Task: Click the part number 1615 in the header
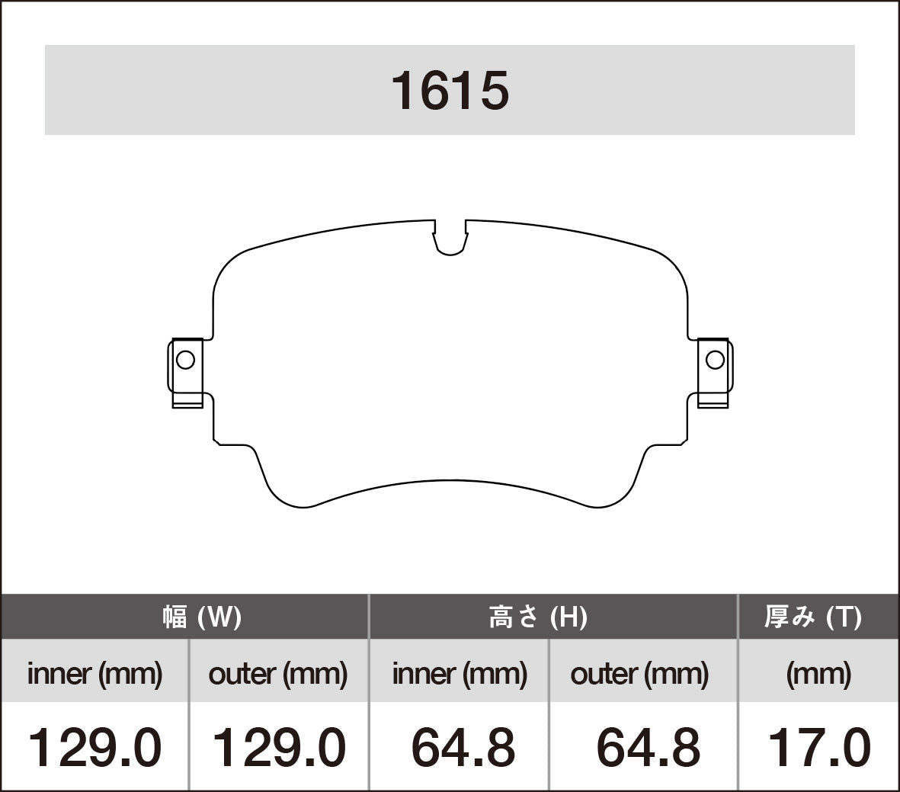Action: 450,91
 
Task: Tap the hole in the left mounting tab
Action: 185,359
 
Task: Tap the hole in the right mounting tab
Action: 715,359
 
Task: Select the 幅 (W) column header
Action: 202,617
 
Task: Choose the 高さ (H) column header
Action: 538,617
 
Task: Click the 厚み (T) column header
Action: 813,617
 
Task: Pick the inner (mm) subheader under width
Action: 94,674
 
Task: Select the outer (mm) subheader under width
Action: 278,674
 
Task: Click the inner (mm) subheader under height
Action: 460,674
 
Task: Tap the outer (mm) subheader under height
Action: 639,674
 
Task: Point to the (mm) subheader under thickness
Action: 818,674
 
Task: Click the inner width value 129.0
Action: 94,747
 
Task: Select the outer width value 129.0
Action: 278,747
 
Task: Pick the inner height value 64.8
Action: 463,747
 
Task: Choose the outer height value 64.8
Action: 648,747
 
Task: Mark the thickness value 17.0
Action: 818,747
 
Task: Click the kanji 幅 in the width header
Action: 175,617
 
